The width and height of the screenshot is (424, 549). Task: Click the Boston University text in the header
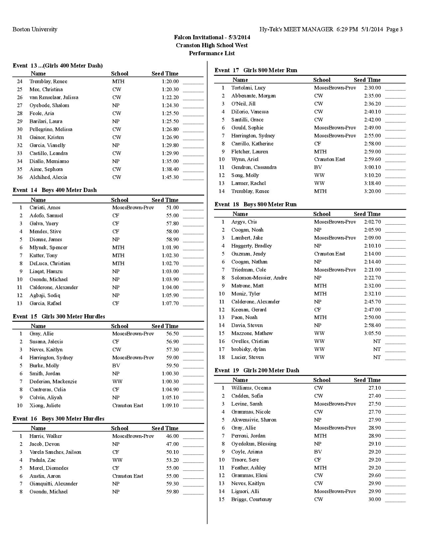coord(35,29)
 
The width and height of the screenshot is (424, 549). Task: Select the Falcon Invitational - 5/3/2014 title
coord(212,37)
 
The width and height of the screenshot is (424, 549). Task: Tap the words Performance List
coord(212,53)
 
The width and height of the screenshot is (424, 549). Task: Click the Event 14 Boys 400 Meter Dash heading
coord(55,190)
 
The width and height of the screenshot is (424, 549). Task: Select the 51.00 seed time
coord(172,208)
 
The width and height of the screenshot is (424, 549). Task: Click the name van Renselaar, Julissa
coord(54,97)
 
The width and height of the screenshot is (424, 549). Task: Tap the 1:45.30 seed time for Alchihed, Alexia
coord(170,177)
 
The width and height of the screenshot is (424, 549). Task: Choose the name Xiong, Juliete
coord(45,406)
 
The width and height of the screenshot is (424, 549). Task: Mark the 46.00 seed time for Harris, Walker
coord(172,436)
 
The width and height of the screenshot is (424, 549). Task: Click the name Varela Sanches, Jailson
coord(55,452)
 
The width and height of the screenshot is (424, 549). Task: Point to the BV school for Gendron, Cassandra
coord(318,167)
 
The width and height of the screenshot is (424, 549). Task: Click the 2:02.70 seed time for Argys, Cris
coord(372,222)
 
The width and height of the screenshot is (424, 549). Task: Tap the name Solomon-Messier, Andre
coord(259,278)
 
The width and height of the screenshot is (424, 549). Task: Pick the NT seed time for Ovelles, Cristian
coord(377,341)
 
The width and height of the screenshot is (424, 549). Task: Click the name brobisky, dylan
coord(248,349)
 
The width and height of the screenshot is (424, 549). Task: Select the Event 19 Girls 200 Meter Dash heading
coord(257,370)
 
